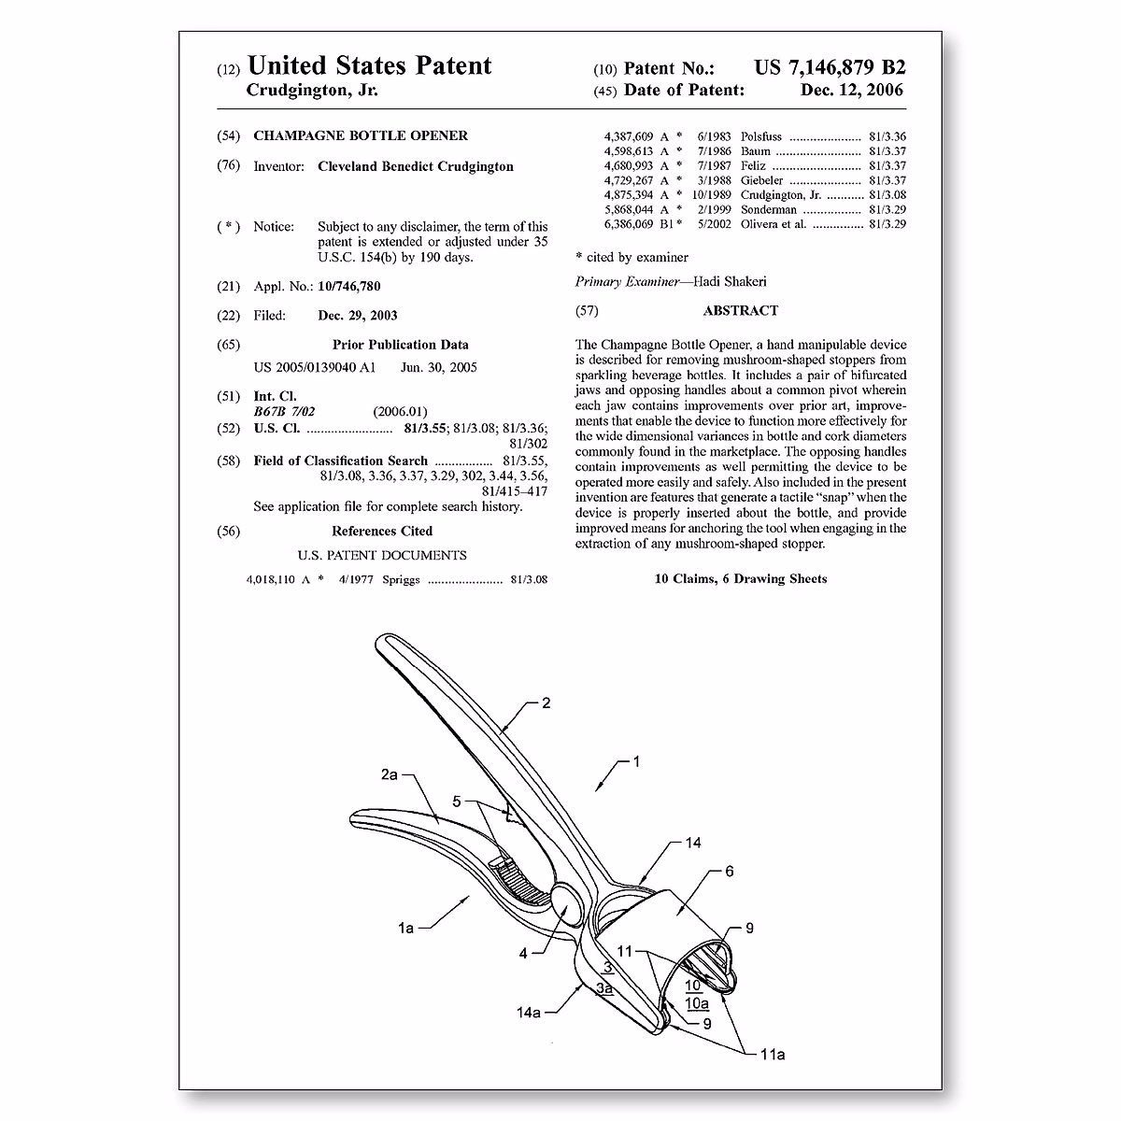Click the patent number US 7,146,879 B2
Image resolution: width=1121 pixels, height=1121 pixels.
(x=830, y=68)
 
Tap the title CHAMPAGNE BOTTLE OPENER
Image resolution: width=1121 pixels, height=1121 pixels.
(x=361, y=135)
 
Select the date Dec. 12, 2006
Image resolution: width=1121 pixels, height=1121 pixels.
(x=852, y=91)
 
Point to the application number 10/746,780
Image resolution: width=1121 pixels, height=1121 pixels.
(x=349, y=286)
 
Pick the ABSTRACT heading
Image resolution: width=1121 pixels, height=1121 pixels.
(x=741, y=310)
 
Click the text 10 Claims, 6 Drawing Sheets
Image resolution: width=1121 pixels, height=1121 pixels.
(x=741, y=579)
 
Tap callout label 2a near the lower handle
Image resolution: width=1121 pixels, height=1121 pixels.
(x=390, y=774)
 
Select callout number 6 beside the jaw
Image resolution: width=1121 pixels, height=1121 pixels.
(x=730, y=872)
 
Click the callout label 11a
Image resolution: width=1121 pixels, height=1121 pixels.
(x=772, y=1055)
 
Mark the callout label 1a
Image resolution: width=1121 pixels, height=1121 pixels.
(x=405, y=928)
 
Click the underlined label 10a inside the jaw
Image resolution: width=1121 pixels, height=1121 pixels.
(x=697, y=1003)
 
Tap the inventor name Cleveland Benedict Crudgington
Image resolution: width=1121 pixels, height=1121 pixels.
(x=416, y=166)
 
